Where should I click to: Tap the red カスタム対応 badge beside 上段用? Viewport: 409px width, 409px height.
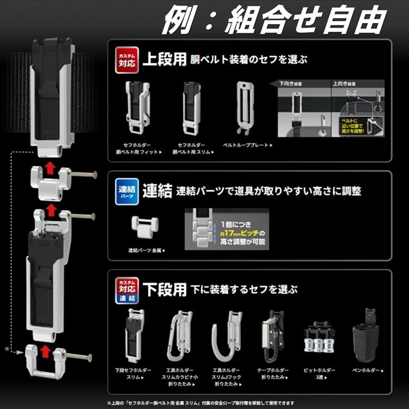pyautogui.click(x=124, y=58)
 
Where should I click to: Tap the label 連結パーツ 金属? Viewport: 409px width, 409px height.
pyautogui.click(x=145, y=250)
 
